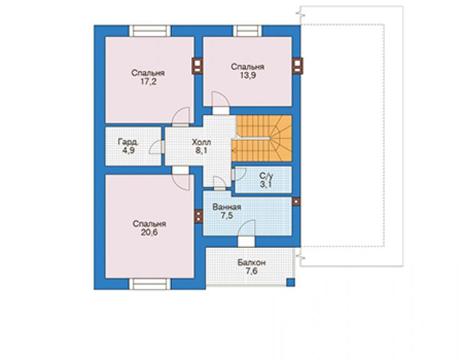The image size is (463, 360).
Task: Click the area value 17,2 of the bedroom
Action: click(148, 81)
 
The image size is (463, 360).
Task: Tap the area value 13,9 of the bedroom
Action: click(248, 75)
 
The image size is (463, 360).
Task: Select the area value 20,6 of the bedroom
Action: click(149, 232)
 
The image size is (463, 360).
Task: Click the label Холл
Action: click(201, 142)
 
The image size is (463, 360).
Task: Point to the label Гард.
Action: click(128, 142)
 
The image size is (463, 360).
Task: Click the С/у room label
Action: click(267, 176)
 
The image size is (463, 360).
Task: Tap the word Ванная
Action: click(226, 207)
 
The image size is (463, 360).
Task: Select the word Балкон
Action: click(252, 262)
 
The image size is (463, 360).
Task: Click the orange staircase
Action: click(262, 138)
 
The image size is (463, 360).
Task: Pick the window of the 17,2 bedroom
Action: click(150, 31)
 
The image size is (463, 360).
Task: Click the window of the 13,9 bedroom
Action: click(247, 31)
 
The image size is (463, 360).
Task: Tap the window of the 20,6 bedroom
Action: click(150, 284)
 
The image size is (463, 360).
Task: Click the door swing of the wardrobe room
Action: click(156, 147)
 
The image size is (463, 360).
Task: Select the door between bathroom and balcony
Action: click(247, 233)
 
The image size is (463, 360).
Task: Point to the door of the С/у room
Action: click(239, 174)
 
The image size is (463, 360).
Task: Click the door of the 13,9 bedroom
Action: click(221, 103)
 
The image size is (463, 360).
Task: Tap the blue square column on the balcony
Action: click(291, 282)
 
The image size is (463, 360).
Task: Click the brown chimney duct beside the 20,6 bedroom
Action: click(198, 216)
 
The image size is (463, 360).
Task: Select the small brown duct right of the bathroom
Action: click(296, 202)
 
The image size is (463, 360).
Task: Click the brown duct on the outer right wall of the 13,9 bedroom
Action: click(298, 66)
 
